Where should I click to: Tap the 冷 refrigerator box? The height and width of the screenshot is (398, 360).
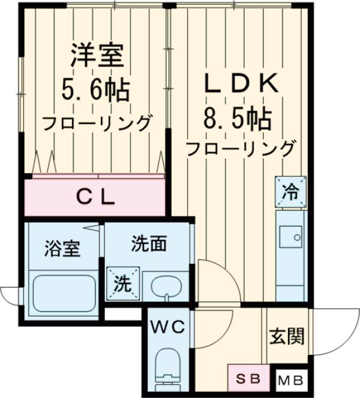[x=290, y=191]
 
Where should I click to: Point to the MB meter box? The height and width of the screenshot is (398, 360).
[x=292, y=380]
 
